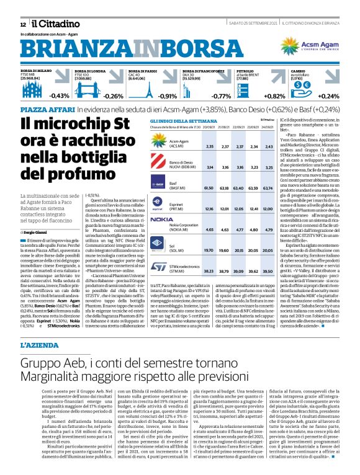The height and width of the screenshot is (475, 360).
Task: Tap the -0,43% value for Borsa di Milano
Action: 60,96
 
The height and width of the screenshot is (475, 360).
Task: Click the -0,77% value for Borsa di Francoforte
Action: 221,96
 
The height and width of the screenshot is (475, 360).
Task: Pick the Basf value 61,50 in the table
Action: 209,186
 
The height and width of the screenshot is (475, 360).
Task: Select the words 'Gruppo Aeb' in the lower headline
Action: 49,363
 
